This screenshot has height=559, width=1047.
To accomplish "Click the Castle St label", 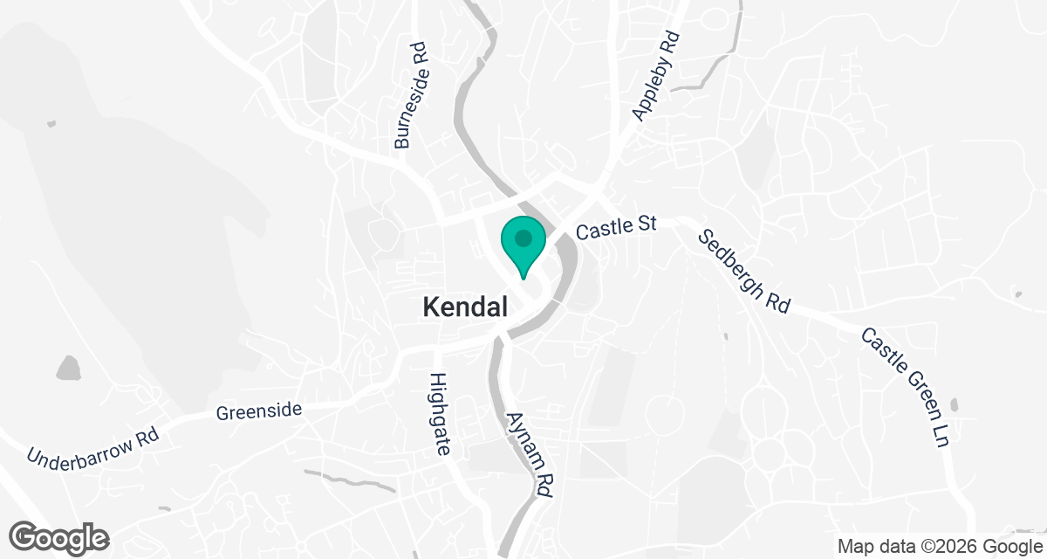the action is [616, 225].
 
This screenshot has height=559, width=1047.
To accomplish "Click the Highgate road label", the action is [440, 414].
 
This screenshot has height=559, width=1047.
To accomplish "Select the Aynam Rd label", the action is [530, 455].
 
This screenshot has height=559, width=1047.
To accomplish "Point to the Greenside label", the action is [259, 410].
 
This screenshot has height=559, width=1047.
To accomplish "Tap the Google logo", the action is [59, 537].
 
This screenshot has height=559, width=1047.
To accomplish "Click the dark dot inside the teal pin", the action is [523, 238].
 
